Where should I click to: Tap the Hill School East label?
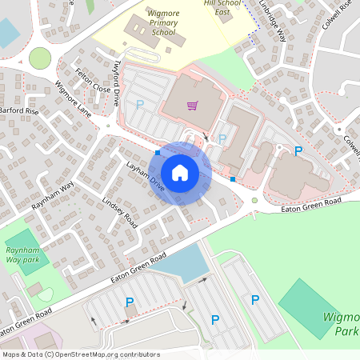click(x=222, y=8)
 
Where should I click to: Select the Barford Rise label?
click(x=19, y=110)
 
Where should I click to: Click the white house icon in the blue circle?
click(x=180, y=172)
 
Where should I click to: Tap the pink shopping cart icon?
click(x=192, y=105)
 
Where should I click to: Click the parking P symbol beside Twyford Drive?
click(x=140, y=104)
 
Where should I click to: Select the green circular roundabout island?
click(x=39, y=58)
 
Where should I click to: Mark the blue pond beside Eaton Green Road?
click(x=182, y=262)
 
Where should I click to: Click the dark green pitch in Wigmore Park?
click(x=307, y=307)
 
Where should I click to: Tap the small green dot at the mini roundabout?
click(x=254, y=200)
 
